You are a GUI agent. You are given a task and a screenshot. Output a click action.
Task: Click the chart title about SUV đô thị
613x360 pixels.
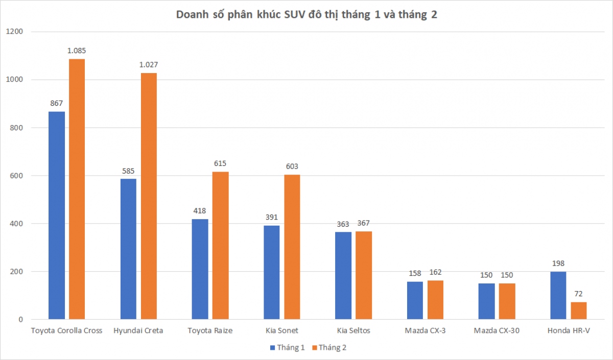tap(306, 15)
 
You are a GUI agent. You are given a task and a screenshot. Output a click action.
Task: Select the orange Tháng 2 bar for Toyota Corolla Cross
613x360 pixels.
tap(77, 189)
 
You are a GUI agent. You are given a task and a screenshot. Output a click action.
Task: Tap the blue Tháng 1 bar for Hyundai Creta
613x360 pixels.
tap(128, 249)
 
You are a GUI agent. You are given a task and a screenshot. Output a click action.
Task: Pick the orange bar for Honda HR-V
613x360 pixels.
tap(578, 310)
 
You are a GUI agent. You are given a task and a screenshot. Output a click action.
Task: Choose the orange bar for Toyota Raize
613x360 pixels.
tap(220, 246)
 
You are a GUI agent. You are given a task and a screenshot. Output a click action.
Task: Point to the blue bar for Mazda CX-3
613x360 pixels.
tap(415, 300)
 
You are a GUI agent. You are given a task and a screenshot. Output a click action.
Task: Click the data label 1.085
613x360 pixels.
tap(77, 51)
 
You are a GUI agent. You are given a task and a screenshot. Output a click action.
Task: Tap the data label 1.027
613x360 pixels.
tap(149, 64)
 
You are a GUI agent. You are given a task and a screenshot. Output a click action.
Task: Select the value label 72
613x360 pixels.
tap(578, 294)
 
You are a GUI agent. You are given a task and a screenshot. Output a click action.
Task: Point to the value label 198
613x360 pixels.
tap(558, 263)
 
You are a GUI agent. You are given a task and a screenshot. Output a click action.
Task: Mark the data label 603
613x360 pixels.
tap(292, 166)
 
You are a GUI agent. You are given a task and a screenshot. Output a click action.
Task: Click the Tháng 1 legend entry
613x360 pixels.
tap(288, 347)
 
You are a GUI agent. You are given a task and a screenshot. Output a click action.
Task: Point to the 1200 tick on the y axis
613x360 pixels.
tap(14, 32)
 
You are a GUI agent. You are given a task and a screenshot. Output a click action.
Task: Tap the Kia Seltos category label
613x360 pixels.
tap(353, 330)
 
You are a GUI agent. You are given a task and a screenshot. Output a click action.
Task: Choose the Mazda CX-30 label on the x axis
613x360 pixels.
tap(497, 330)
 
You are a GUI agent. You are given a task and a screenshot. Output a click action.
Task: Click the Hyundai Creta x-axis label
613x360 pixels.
tap(138, 330)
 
